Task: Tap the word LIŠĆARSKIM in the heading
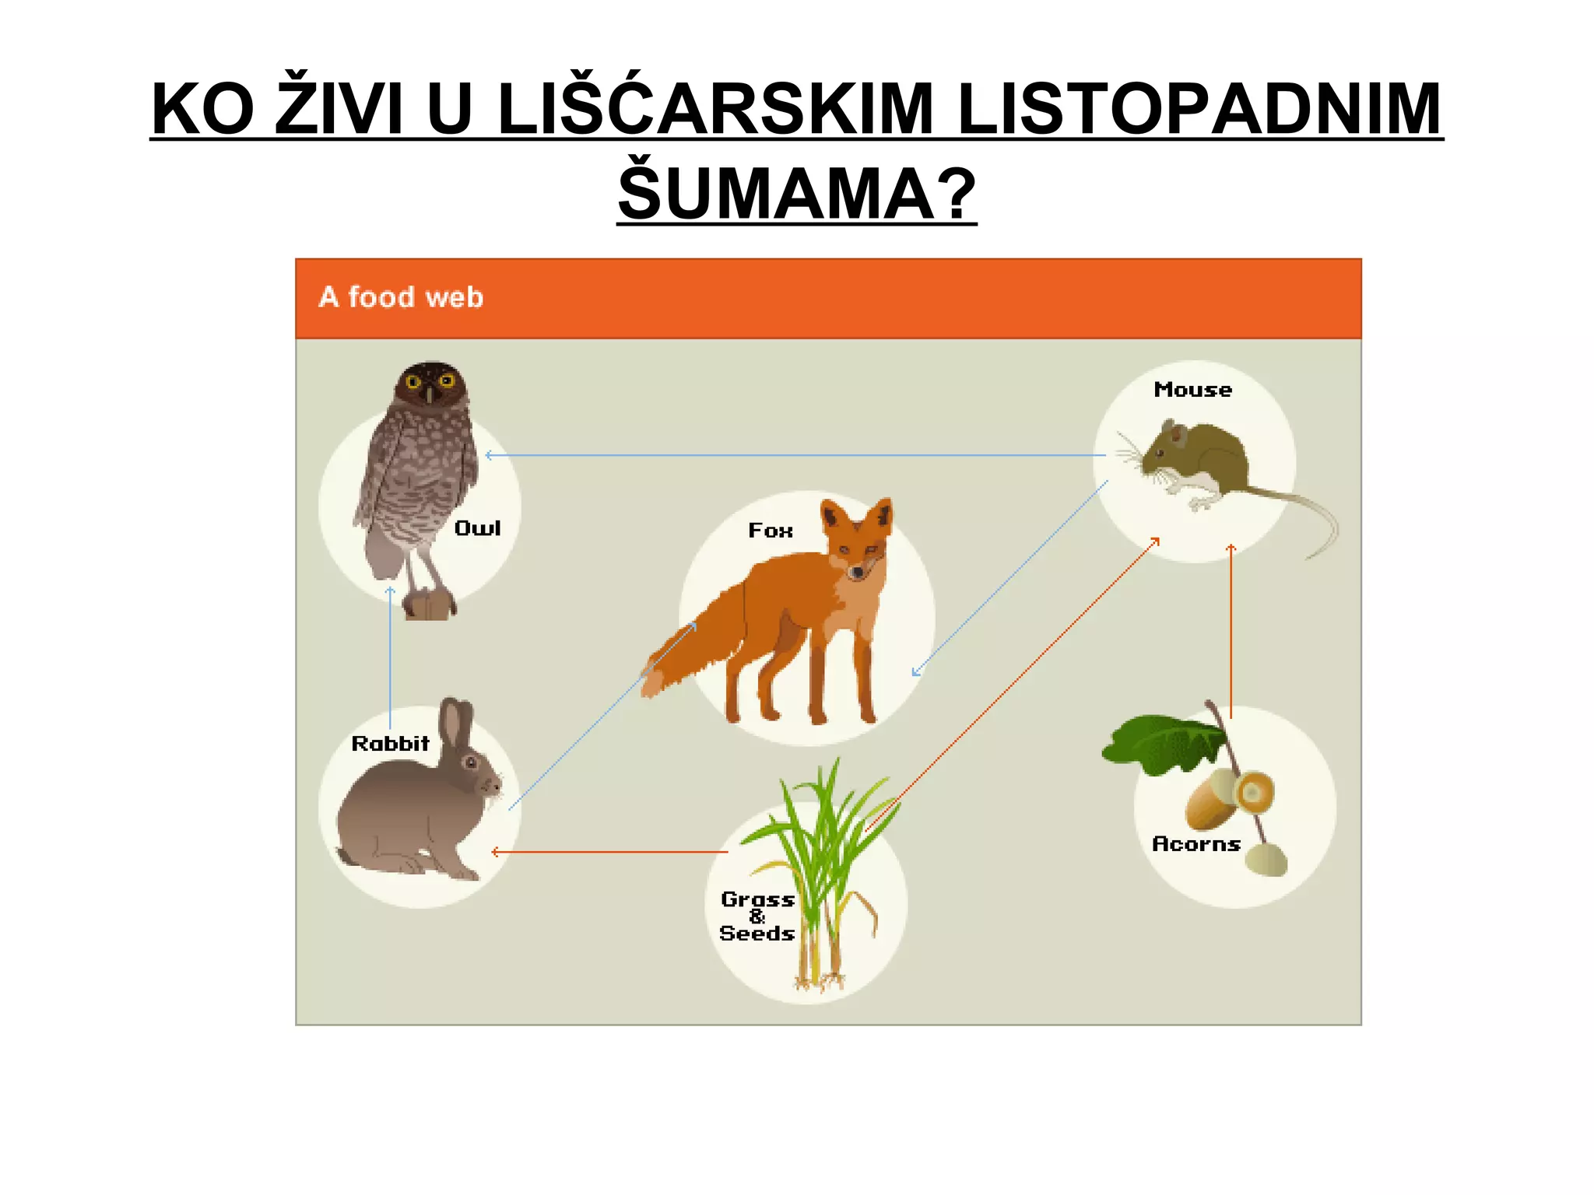tap(714, 109)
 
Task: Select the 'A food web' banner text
tap(401, 297)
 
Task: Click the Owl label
tap(477, 528)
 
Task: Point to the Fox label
tap(771, 531)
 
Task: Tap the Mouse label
tap(1192, 390)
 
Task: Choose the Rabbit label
tap(390, 744)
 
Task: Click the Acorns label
tap(1195, 844)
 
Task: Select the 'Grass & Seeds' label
tap(757, 916)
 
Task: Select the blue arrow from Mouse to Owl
tap(794, 455)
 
